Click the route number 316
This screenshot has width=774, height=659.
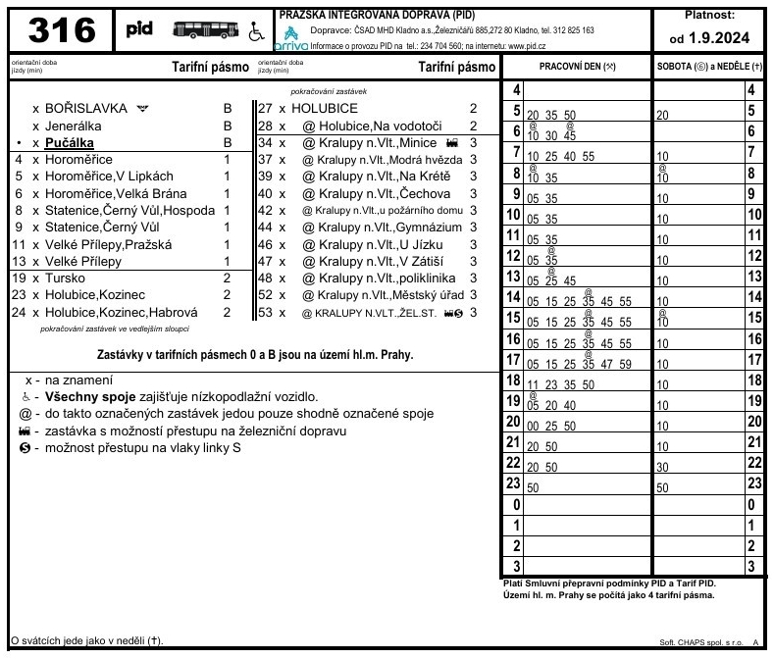(62, 31)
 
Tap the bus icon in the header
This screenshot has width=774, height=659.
(205, 30)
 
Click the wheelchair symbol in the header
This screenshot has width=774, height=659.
(256, 32)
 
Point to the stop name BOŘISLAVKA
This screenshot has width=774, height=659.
(86, 109)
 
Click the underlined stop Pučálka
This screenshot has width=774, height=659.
(70, 142)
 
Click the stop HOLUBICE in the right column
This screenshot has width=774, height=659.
(325, 109)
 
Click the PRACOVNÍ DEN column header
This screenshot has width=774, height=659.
(577, 66)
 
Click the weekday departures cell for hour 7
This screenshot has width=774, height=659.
(560, 155)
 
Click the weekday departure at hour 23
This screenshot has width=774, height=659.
(533, 486)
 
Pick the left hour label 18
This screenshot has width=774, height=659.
(511, 380)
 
